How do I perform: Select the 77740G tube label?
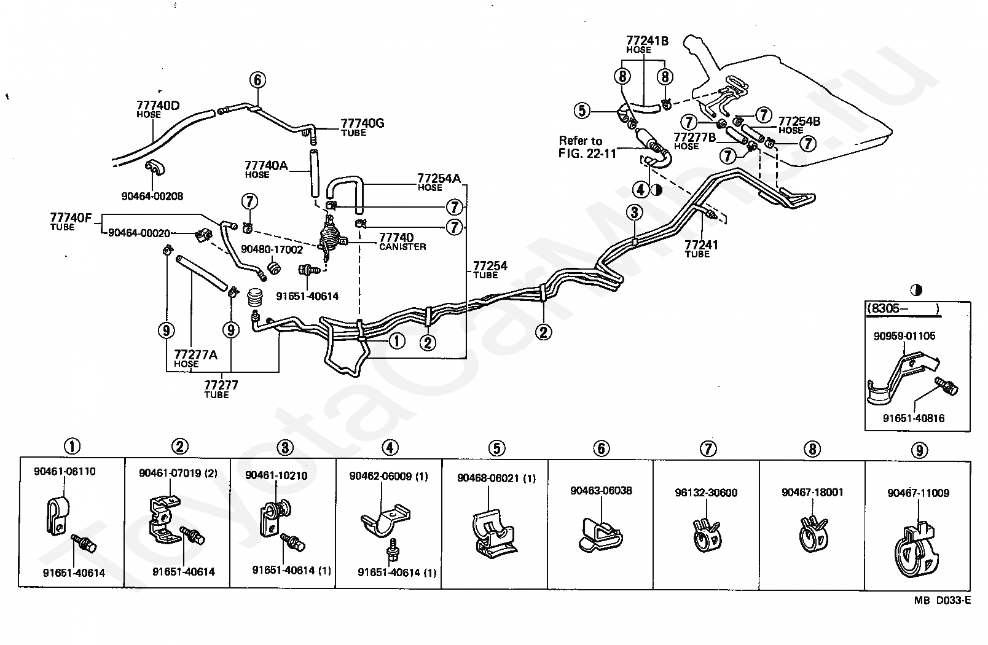[362, 123]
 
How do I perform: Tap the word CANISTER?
[402, 247]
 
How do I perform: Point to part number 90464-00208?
[152, 196]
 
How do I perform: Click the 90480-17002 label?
[272, 249]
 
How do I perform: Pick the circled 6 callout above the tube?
[257, 80]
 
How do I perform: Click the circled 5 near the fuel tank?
[582, 111]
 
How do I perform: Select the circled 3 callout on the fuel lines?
[635, 213]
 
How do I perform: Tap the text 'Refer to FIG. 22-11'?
[580, 147]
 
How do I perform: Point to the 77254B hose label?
[799, 121]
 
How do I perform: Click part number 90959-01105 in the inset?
[904, 336]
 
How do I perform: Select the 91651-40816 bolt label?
[914, 418]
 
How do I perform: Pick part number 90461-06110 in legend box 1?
[65, 472]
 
